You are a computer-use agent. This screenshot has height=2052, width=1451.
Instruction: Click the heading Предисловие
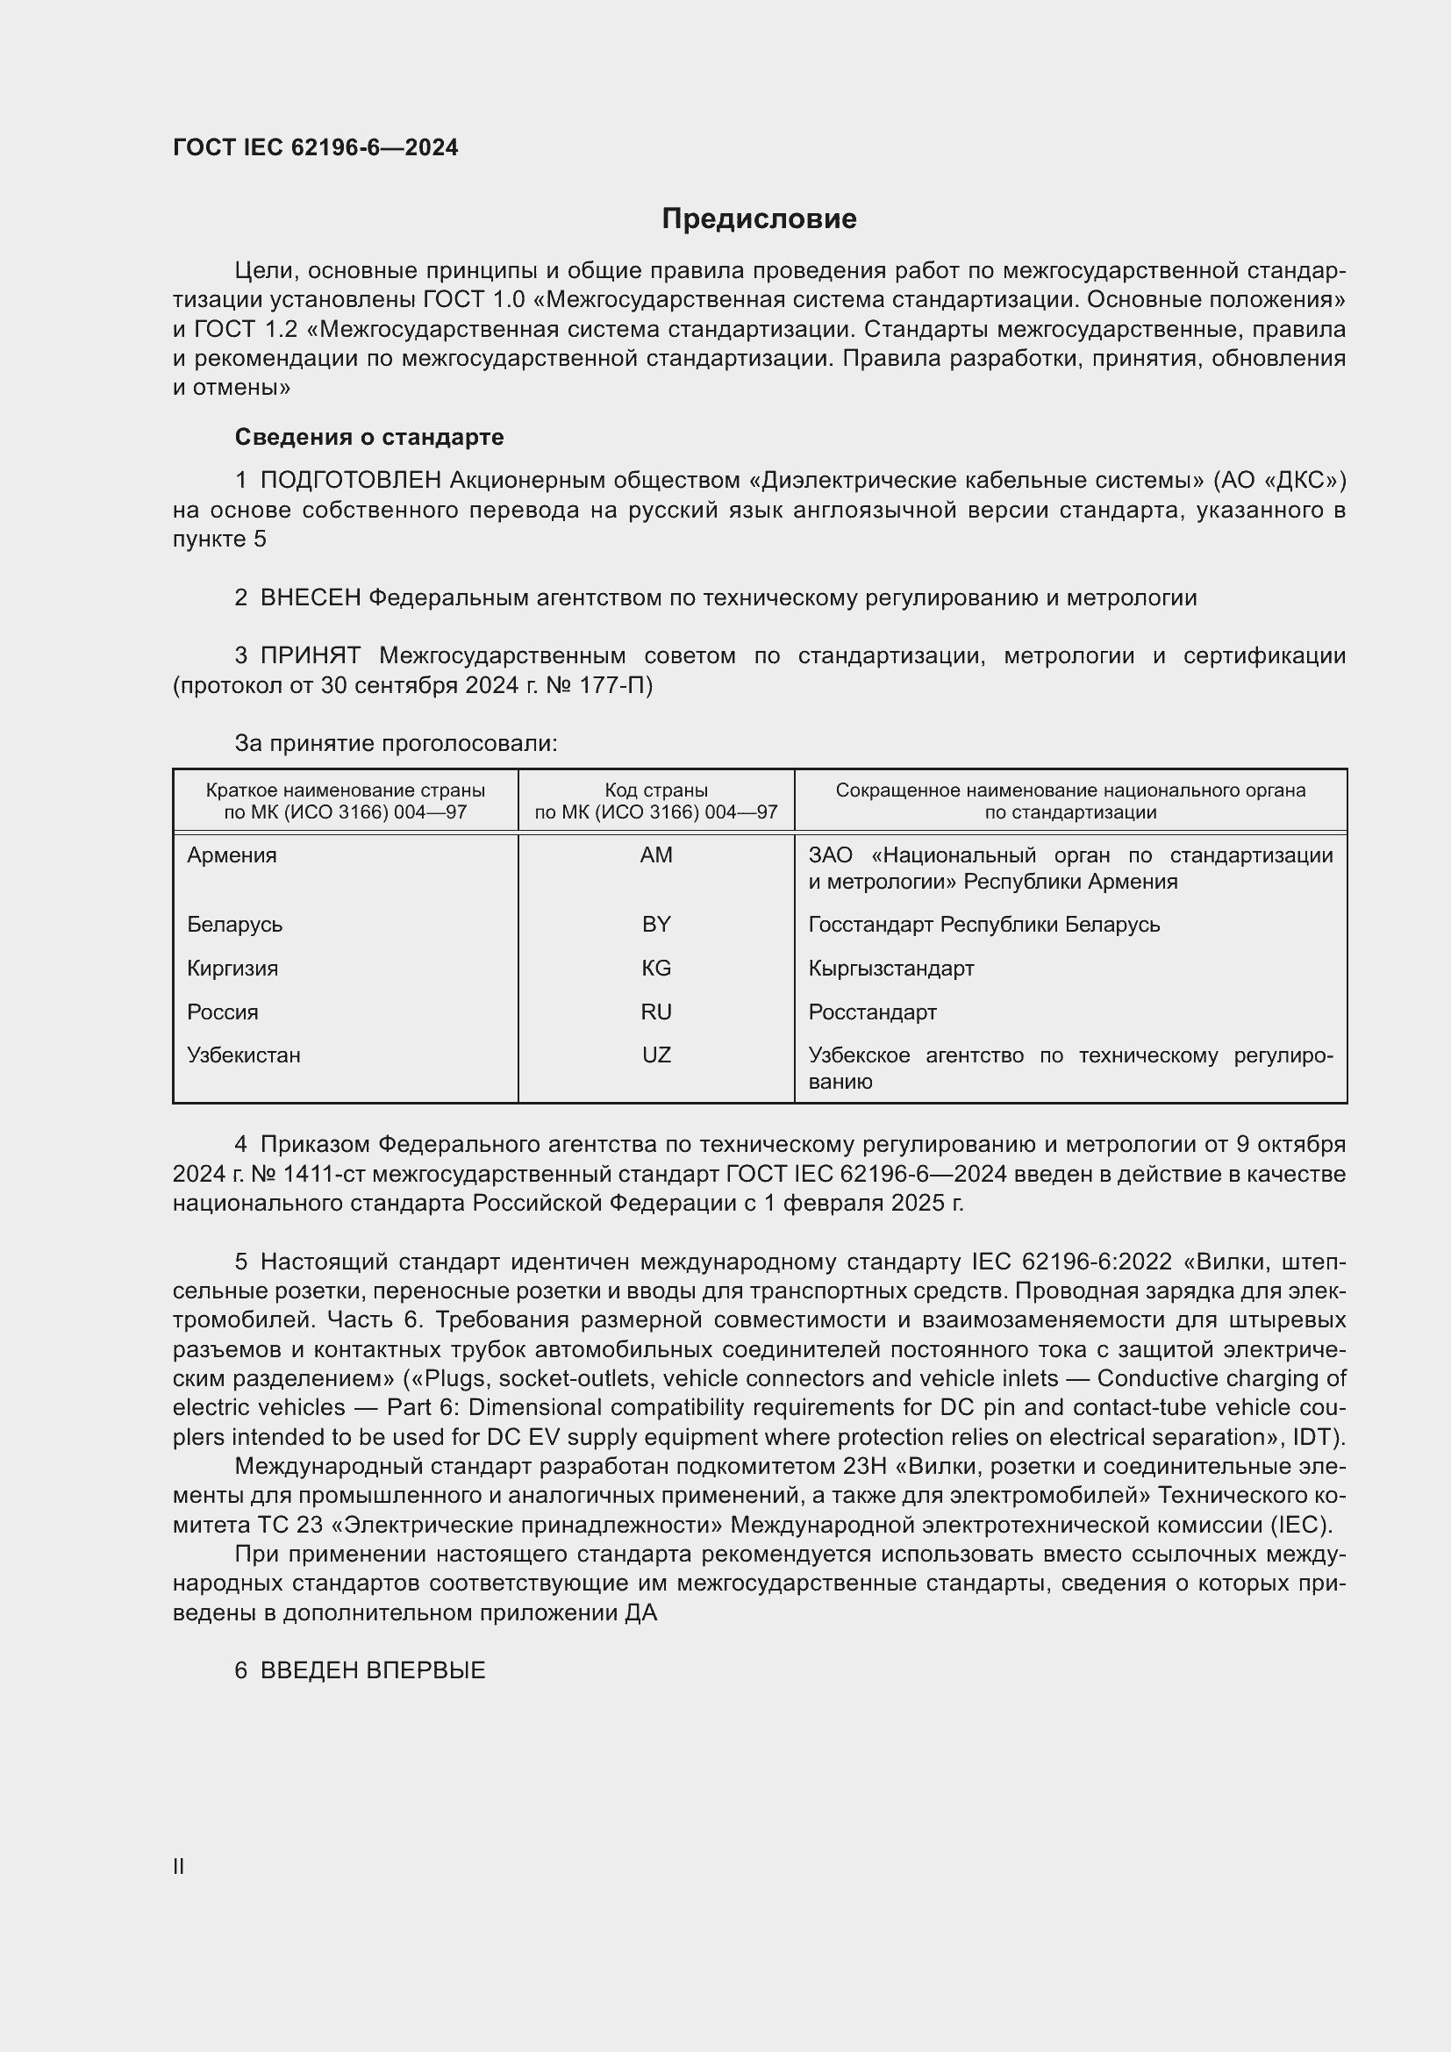click(759, 219)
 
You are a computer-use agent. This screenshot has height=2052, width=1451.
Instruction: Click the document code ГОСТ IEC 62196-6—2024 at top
click(316, 147)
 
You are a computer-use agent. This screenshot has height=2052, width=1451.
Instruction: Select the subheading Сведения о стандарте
click(369, 437)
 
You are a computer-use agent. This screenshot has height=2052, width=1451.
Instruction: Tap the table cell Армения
click(232, 855)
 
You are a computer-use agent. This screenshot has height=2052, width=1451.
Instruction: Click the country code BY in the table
click(656, 924)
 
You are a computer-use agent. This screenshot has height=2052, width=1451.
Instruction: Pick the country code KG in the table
click(656, 968)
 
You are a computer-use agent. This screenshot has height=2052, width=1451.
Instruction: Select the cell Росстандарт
click(872, 1012)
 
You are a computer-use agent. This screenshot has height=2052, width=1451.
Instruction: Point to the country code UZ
click(656, 1055)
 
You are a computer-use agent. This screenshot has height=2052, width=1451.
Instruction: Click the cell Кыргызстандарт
click(890, 968)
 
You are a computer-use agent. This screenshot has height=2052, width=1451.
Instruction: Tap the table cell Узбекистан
click(244, 1055)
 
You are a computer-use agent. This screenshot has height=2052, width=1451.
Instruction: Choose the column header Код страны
click(656, 790)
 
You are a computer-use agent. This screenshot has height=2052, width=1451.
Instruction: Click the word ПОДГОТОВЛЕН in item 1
click(351, 481)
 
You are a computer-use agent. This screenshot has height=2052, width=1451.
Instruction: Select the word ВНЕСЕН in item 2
click(310, 598)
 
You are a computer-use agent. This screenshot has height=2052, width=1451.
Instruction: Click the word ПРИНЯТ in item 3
click(310, 656)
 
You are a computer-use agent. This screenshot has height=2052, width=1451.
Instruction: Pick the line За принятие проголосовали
click(396, 744)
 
